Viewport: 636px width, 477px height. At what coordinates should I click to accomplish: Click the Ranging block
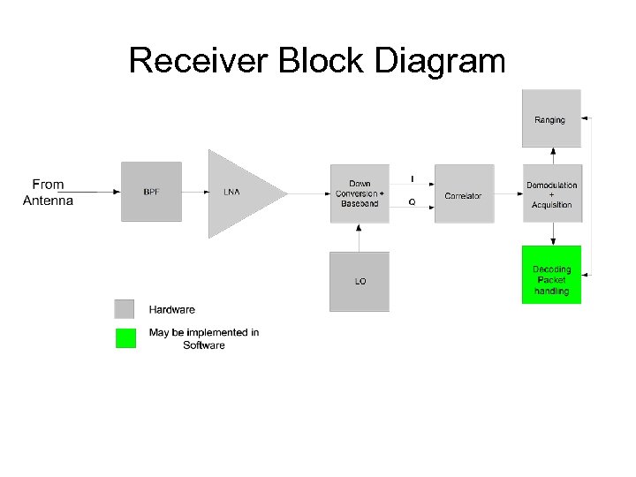[x=551, y=118]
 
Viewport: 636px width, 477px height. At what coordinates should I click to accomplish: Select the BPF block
[x=151, y=192]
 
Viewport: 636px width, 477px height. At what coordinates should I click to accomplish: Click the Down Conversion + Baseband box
[x=359, y=193]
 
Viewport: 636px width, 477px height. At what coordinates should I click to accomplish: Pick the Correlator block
[x=464, y=194]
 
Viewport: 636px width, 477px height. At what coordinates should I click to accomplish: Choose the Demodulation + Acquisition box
[x=552, y=194]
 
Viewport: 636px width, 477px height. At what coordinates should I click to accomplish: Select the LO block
[x=359, y=281]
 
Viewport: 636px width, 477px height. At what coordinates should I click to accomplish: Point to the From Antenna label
[x=48, y=193]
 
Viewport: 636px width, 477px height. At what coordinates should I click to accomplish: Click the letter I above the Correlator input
[x=412, y=179]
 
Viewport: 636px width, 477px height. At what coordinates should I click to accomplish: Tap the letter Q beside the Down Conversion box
[x=412, y=202]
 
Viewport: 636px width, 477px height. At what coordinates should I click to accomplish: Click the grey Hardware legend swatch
[x=125, y=309]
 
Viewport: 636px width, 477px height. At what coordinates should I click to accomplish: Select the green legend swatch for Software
[x=125, y=338]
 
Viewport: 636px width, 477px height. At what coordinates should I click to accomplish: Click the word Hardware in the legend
[x=172, y=310]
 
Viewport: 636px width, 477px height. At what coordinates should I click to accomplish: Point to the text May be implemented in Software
[x=204, y=338]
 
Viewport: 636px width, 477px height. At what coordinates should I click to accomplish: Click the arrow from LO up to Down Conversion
[x=359, y=237]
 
